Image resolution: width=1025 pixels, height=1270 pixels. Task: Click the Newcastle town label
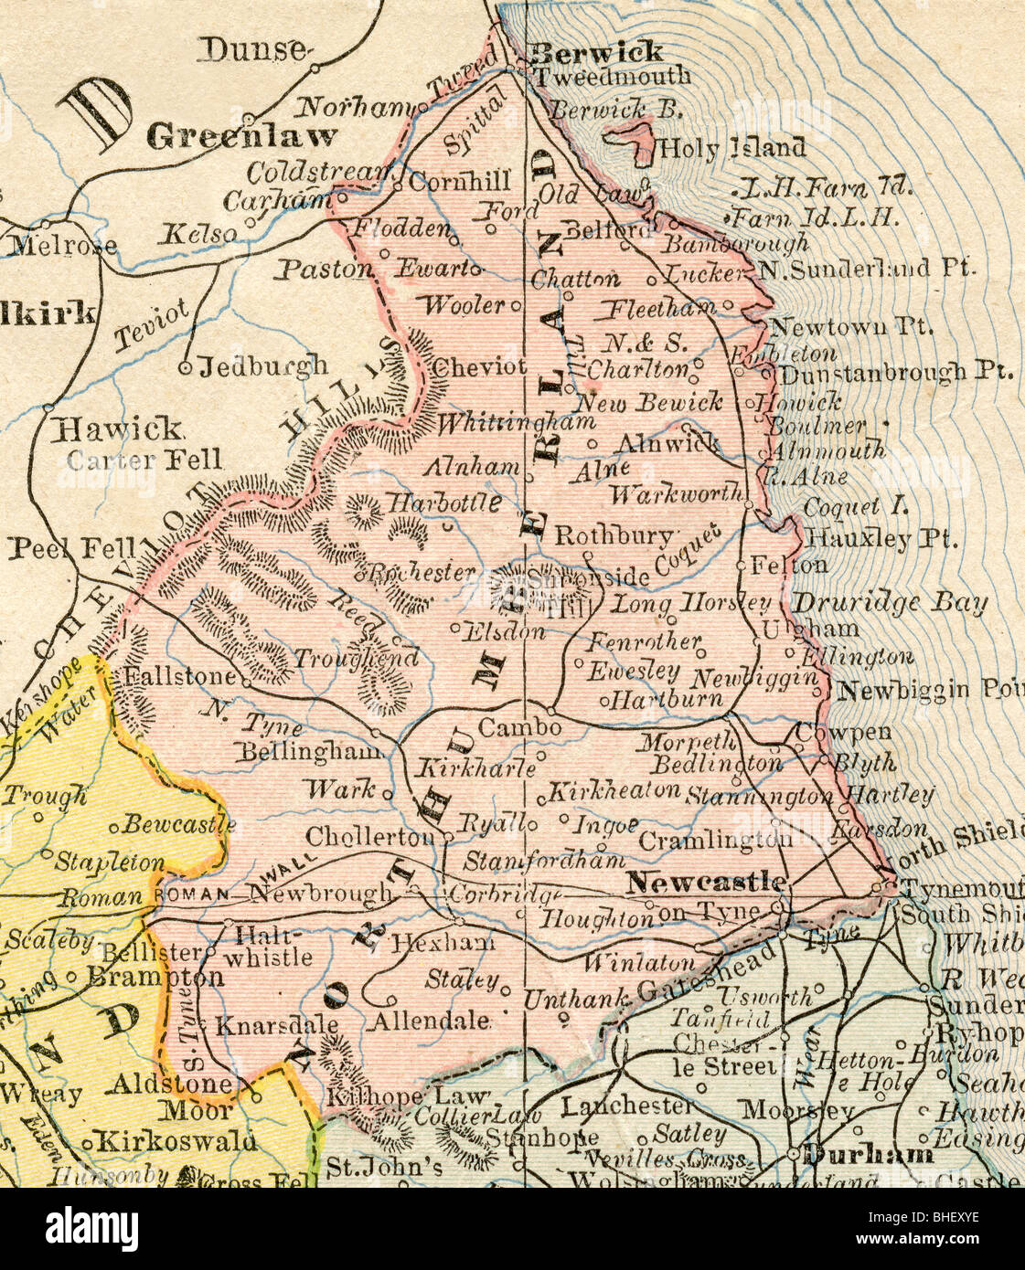tap(705, 883)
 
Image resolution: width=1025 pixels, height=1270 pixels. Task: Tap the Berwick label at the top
tap(596, 52)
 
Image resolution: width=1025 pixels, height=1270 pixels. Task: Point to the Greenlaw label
tap(241, 137)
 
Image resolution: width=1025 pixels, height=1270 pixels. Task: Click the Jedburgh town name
tap(263, 366)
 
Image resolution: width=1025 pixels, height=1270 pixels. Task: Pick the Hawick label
tap(119, 428)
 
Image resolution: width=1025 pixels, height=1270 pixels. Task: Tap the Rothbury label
tap(614, 536)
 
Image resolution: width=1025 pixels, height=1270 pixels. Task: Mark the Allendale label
tap(429, 1020)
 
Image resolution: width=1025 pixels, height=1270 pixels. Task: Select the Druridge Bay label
tap(889, 603)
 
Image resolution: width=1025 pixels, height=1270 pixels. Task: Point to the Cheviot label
tap(479, 367)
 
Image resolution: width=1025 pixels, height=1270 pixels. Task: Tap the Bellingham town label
tap(309, 751)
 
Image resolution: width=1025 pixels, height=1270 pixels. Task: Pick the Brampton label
tap(155, 977)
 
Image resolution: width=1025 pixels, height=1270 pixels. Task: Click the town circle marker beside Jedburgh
tap(186, 368)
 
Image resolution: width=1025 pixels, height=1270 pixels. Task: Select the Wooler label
tap(464, 304)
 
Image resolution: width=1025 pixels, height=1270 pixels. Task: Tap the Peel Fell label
tap(71, 548)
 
